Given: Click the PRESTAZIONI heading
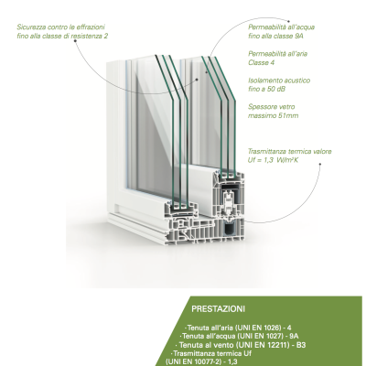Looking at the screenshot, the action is click(x=218, y=309).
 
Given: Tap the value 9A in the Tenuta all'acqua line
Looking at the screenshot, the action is click(x=294, y=336).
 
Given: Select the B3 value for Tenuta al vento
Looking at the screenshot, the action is click(x=301, y=345).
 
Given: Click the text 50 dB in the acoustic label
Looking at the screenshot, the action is click(x=276, y=89).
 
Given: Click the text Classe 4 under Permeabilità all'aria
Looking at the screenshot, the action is click(x=261, y=62).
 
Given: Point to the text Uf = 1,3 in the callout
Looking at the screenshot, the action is click(x=261, y=160).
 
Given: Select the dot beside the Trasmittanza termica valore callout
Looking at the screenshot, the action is click(x=320, y=164).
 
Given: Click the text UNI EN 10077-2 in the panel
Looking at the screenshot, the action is click(x=193, y=362).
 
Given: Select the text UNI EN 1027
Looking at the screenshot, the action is click(x=263, y=336).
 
